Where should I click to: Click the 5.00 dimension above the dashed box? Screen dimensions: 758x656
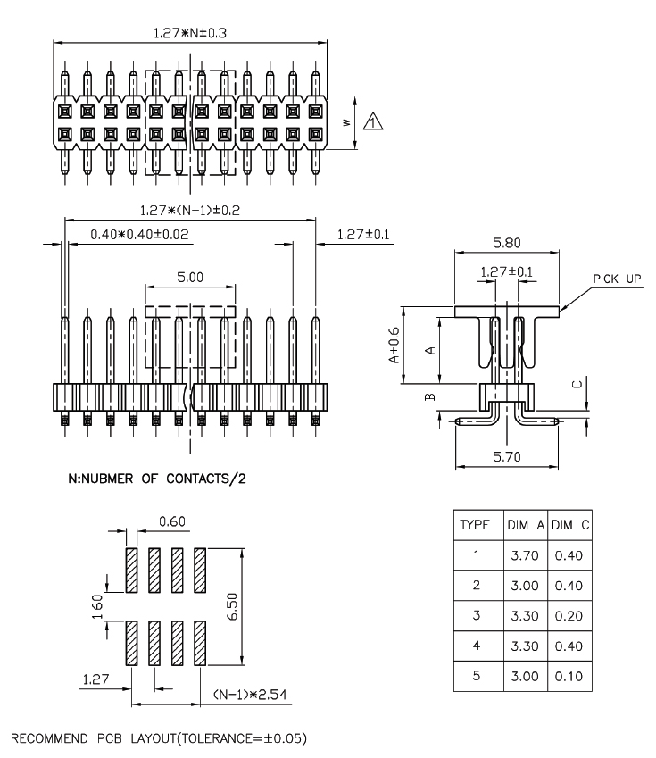[190, 278]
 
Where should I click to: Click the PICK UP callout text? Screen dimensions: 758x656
[614, 279]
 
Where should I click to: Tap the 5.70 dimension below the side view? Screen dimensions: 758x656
[506, 456]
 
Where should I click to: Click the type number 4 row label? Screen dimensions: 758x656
[476, 646]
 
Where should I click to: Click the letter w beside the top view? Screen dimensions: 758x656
[345, 122]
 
